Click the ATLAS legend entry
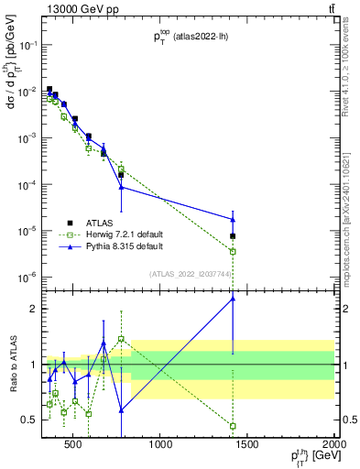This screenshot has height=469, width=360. pos(100,223)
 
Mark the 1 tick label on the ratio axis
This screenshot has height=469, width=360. pos(33,365)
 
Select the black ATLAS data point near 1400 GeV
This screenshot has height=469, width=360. pos(233,236)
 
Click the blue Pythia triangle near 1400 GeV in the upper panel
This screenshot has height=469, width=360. pos(233,219)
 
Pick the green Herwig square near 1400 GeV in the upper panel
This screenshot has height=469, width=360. pos(233,251)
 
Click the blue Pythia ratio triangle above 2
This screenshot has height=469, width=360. pos(233,298)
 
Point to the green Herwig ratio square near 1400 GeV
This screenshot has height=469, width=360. pos(233,426)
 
